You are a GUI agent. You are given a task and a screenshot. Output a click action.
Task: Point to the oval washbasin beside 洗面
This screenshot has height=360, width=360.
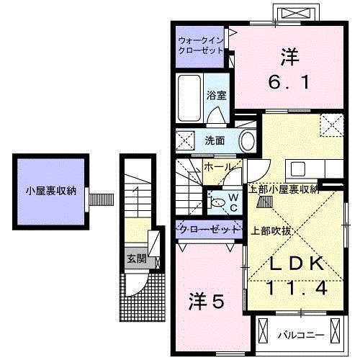point(246,140)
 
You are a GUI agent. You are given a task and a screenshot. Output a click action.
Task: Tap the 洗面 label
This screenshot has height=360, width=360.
point(215,140)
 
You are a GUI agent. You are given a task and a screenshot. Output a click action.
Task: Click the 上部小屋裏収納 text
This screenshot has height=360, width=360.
point(282,190)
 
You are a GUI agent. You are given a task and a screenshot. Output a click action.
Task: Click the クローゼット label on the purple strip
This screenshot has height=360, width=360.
point(208,230)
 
